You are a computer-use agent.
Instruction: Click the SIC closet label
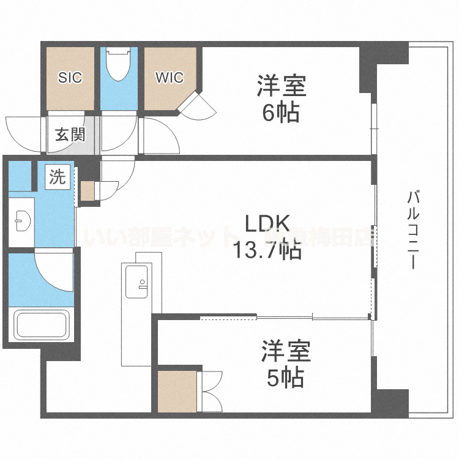pyautogui.click(x=70, y=78)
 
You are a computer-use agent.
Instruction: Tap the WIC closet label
pyautogui.click(x=169, y=78)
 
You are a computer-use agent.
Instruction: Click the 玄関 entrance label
pyautogui.click(x=70, y=135)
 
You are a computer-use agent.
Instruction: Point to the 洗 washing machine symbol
pyautogui.click(x=57, y=177)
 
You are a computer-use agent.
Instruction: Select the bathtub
pyautogui.click(x=40, y=328)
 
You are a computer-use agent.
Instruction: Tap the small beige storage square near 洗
pyautogui.click(x=88, y=190)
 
